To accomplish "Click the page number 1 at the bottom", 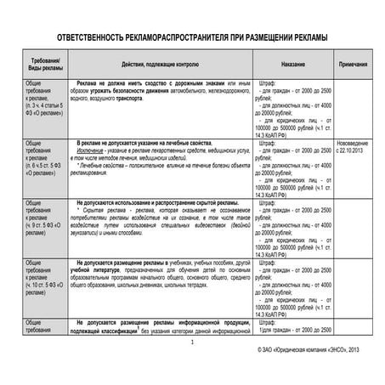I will pos(192,343).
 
